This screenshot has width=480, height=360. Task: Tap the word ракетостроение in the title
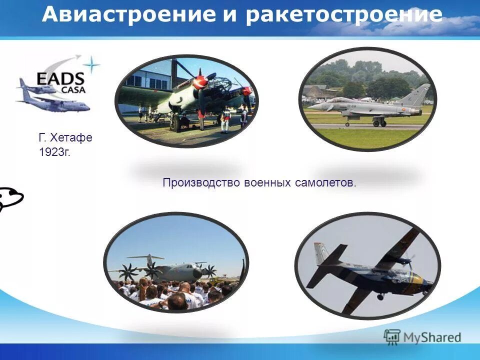pyautogui.click(x=344, y=15)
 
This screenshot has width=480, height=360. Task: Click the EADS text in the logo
pyautogui.click(x=60, y=79)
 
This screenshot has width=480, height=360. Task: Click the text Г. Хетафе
pyautogui.click(x=65, y=137)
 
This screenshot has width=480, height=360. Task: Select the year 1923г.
pyautogui.click(x=54, y=152)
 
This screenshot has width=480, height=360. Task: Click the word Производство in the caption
pyautogui.click(x=201, y=183)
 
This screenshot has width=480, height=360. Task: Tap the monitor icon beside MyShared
pyautogui.click(x=392, y=337)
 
